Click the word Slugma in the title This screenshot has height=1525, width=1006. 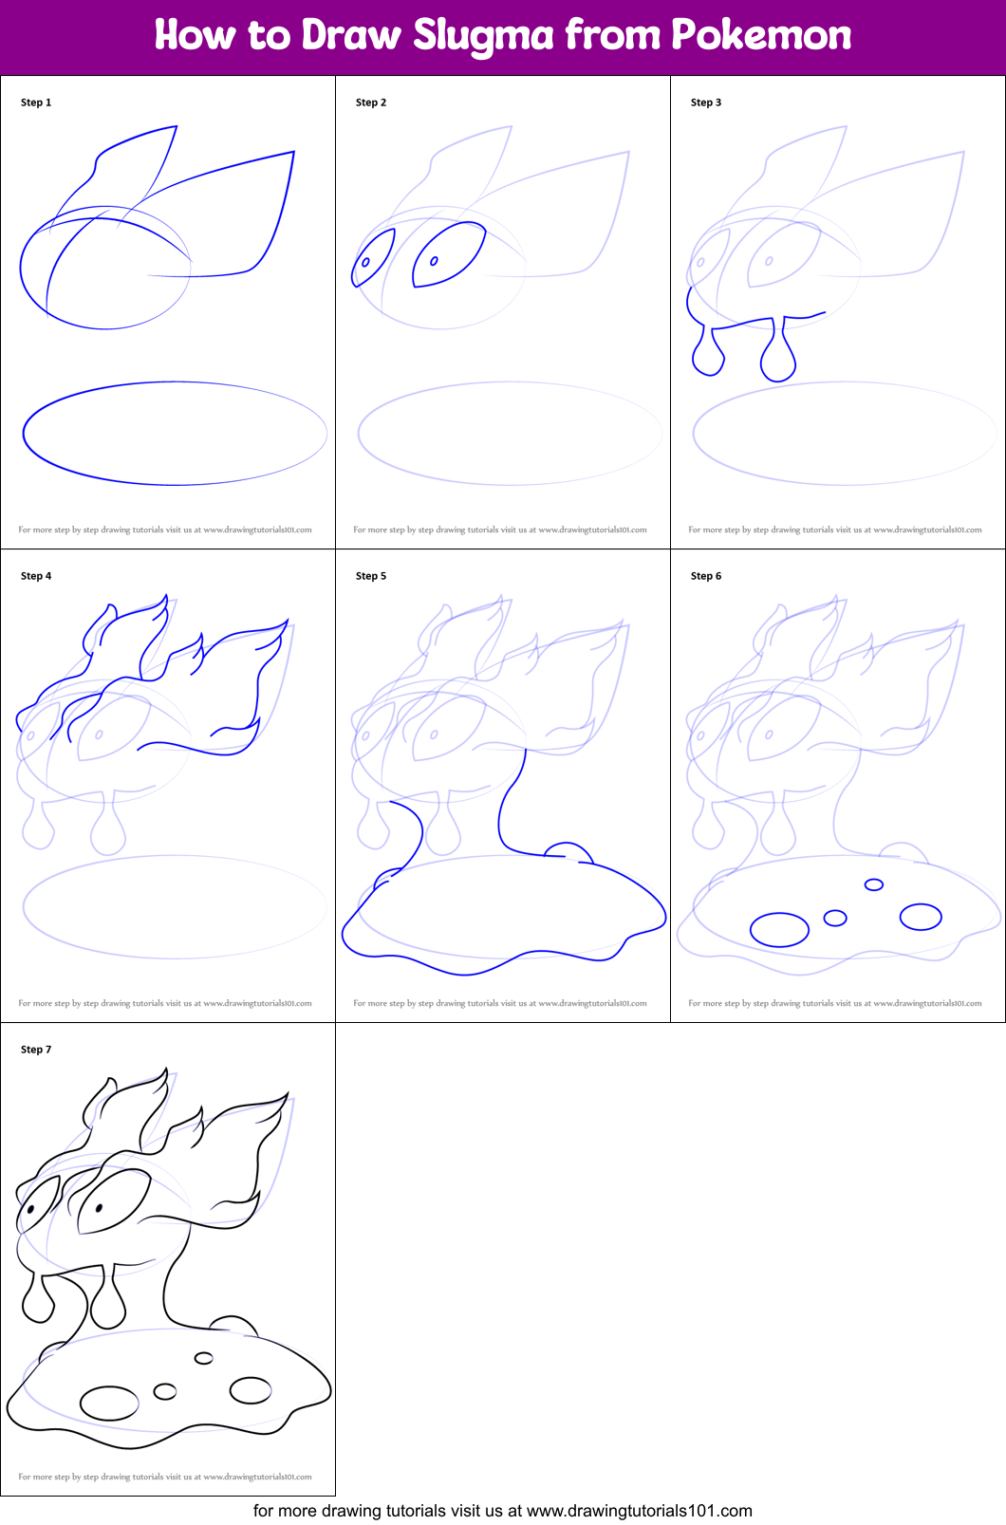[x=483, y=35]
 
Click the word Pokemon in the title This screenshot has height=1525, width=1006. [x=761, y=35]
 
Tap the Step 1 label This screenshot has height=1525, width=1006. [x=36, y=102]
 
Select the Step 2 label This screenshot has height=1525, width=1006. [x=371, y=102]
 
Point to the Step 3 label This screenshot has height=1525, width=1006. [x=706, y=102]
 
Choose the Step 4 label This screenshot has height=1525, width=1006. [x=36, y=576]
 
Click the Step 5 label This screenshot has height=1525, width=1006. [x=371, y=576]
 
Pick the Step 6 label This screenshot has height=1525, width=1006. [x=706, y=576]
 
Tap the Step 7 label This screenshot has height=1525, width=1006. [x=36, y=1050]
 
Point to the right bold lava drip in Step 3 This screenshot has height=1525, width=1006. [x=778, y=361]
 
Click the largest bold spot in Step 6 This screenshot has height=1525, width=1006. [x=779, y=930]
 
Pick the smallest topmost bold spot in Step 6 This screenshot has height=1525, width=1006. [x=874, y=884]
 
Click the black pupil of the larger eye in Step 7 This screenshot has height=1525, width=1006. [x=100, y=1207]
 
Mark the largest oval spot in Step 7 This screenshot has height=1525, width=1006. [x=109, y=1404]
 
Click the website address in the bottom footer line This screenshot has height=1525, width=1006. [x=639, y=1511]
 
